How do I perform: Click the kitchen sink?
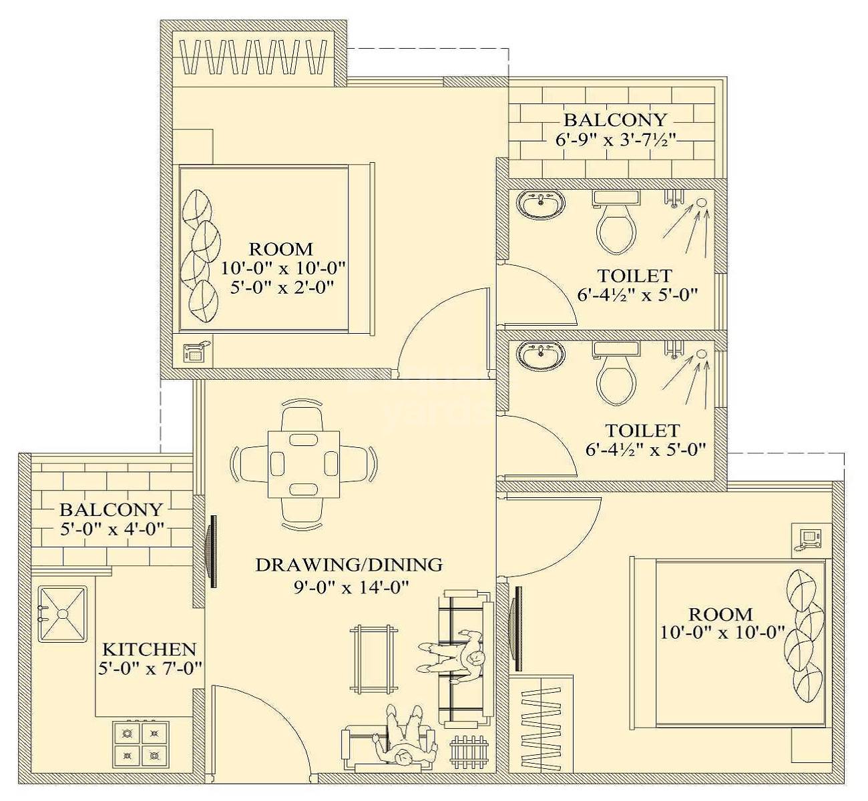(62, 613)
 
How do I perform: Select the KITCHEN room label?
(149, 649)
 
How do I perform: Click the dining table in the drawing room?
(303, 464)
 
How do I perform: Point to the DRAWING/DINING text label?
(349, 565)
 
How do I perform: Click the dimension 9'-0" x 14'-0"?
(349, 587)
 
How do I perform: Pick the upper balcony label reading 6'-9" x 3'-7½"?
(615, 140)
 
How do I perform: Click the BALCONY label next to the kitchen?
(111, 510)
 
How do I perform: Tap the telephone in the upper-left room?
(196, 352)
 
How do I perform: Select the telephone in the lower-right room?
(809, 538)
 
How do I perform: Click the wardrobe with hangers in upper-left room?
(253, 58)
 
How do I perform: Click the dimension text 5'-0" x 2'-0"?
(282, 288)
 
